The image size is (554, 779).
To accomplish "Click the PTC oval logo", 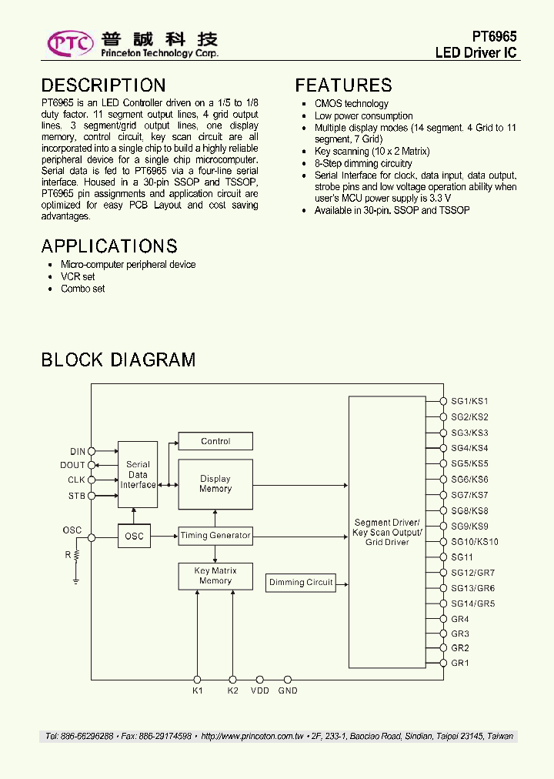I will click(x=71, y=44).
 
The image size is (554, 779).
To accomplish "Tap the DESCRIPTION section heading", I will click(x=103, y=85).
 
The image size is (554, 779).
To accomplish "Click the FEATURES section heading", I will click(x=343, y=85).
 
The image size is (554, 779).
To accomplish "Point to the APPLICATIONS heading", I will click(x=109, y=246).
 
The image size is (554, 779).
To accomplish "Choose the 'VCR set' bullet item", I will click(x=78, y=276).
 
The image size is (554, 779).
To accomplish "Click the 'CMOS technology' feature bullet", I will click(x=351, y=104).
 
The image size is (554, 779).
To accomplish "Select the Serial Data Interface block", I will click(x=138, y=474).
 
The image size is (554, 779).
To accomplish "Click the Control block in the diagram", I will click(x=215, y=441).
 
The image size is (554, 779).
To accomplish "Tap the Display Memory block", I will click(x=215, y=484).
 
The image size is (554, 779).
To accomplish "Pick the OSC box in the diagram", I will click(x=135, y=536).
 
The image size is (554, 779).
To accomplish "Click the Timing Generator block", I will click(x=215, y=536).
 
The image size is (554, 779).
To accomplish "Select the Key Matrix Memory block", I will click(x=215, y=576).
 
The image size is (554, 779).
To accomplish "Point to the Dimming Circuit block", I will click(x=301, y=583).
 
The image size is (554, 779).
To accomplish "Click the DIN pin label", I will click(x=78, y=452).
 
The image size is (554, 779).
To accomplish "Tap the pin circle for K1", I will click(x=198, y=680).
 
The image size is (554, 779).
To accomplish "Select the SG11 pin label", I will click(x=462, y=557).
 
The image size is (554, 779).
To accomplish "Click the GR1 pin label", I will click(x=459, y=663).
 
